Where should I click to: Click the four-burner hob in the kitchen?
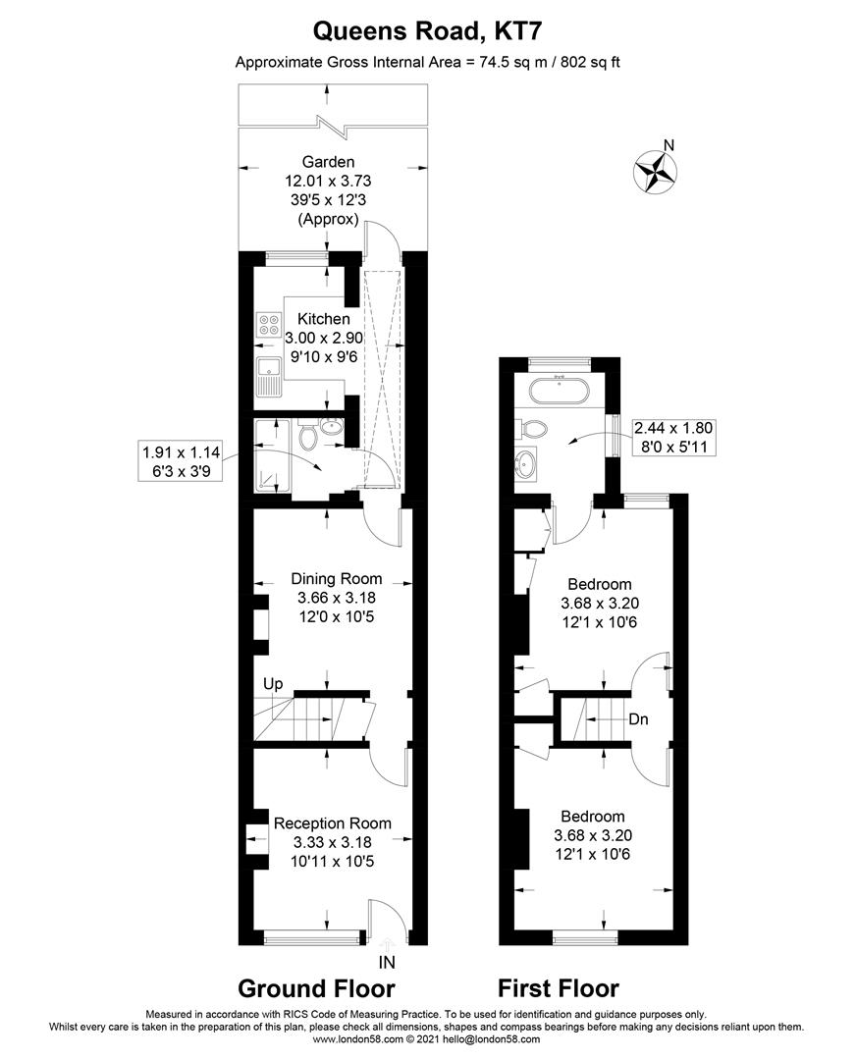click(x=268, y=325)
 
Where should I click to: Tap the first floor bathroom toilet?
click(x=535, y=428)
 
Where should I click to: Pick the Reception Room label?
click(x=332, y=823)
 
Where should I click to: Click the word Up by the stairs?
click(x=272, y=683)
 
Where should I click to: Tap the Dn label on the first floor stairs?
click(x=639, y=718)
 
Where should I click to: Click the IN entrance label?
click(x=388, y=963)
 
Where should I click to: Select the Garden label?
click(x=328, y=162)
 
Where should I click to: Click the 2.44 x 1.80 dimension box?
click(x=674, y=436)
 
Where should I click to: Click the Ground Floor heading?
click(x=316, y=988)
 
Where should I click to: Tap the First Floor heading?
click(x=559, y=988)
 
